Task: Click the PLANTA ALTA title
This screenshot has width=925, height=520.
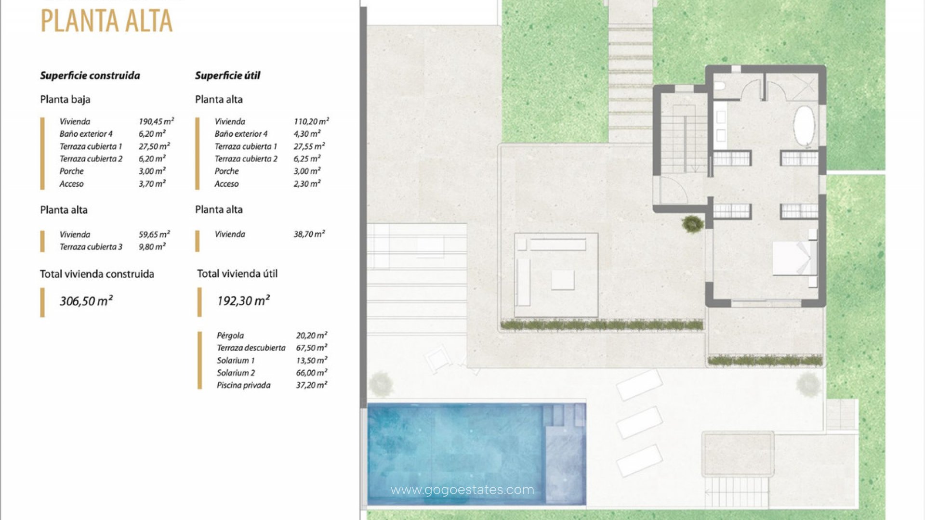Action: click(x=106, y=21)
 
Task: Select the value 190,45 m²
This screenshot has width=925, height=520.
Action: click(x=156, y=121)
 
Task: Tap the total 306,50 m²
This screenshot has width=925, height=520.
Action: click(x=86, y=301)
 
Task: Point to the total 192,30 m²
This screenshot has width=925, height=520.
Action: click(x=243, y=300)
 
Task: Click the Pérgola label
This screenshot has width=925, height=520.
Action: click(x=230, y=336)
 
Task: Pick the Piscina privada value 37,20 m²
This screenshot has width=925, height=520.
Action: click(x=312, y=385)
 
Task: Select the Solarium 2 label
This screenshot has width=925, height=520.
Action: click(x=236, y=373)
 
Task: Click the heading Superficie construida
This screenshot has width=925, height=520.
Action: click(x=90, y=76)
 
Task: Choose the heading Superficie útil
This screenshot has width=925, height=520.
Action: click(x=227, y=76)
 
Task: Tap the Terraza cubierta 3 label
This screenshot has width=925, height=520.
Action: click(x=91, y=247)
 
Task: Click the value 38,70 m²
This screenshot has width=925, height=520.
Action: click(x=309, y=234)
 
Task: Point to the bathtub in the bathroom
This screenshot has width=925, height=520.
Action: click(x=804, y=126)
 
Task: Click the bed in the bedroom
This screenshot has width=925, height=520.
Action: click(x=795, y=259)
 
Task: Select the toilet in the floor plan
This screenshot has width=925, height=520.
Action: click(x=720, y=86)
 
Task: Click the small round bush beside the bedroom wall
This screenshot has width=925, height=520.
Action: click(x=692, y=223)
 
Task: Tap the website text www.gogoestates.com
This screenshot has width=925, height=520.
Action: click(x=462, y=490)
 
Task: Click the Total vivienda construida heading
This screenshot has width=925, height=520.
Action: click(x=97, y=274)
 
